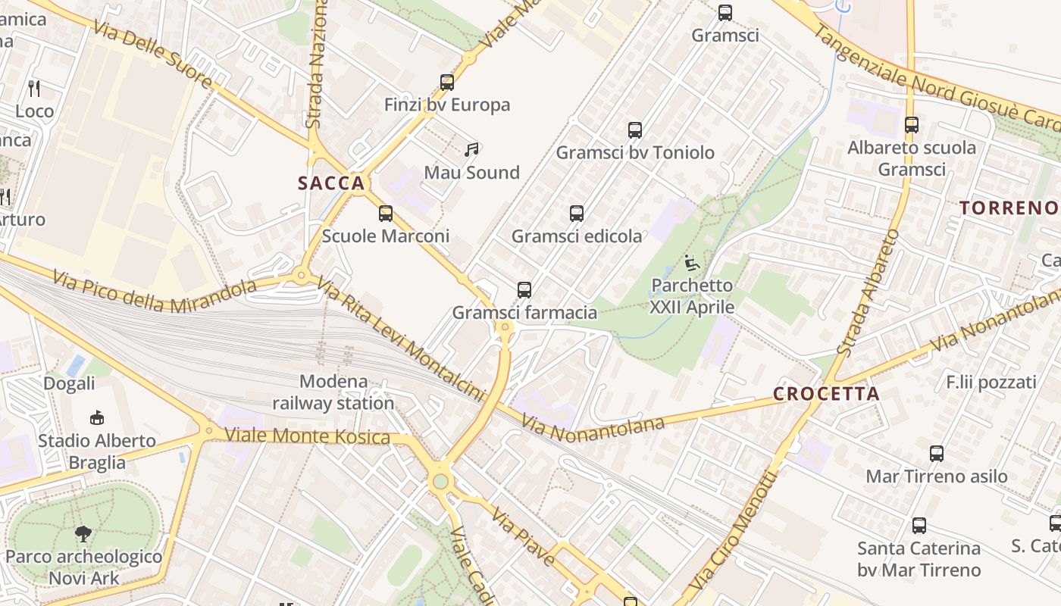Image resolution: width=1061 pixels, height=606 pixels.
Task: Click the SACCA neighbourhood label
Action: tap(332, 183)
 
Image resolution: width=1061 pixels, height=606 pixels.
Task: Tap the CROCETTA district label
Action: tap(826, 394)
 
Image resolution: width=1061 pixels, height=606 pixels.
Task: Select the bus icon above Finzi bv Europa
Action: tap(447, 83)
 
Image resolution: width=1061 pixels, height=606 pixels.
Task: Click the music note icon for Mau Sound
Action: tap(472, 150)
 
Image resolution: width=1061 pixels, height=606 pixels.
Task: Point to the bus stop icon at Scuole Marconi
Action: tap(386, 214)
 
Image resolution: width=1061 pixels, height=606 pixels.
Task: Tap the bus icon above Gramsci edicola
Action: tap(577, 214)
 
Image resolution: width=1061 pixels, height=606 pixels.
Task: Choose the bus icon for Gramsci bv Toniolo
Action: tap(635, 130)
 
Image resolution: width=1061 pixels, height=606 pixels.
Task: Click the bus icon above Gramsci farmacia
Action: tap(524, 289)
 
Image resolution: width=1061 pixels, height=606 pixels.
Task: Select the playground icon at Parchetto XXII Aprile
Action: tap(691, 264)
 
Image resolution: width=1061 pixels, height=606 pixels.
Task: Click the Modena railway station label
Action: tap(333, 392)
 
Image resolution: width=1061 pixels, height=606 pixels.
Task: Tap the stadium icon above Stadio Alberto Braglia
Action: tap(97, 417)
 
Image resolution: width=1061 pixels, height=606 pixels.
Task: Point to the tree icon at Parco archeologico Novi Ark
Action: tap(83, 534)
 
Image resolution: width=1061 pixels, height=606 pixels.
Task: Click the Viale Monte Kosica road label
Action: tap(308, 436)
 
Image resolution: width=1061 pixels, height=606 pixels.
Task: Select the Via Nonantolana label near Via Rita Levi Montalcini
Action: tap(593, 428)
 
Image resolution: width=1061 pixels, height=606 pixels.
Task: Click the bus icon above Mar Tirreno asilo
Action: tap(937, 454)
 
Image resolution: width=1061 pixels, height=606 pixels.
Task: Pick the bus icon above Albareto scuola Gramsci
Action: tap(911, 125)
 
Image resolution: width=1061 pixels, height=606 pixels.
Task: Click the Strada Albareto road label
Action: tap(869, 292)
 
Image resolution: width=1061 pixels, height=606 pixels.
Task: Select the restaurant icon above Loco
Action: tap(34, 89)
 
